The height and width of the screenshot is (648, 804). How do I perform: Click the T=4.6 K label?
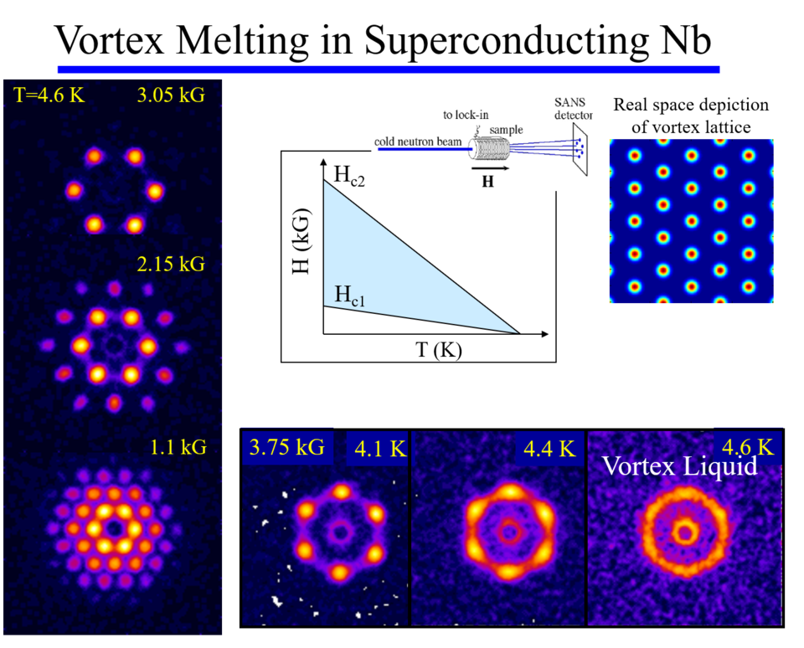coord(49,95)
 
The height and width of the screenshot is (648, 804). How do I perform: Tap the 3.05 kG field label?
coord(171,95)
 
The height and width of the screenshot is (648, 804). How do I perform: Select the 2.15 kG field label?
coord(171,265)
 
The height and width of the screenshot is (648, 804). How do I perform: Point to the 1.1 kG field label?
coord(178,447)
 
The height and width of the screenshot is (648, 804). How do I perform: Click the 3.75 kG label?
coord(288,446)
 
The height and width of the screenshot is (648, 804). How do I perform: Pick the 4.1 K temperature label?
coord(380,449)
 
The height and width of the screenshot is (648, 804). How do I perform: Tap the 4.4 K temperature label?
coord(549,449)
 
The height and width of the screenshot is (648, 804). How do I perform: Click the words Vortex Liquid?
coord(679,465)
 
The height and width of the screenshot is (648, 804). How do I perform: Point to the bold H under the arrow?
coord(487,180)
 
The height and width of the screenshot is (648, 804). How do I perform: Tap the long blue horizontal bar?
coord(389,69)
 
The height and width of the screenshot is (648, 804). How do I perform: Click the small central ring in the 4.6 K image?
coord(684,532)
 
